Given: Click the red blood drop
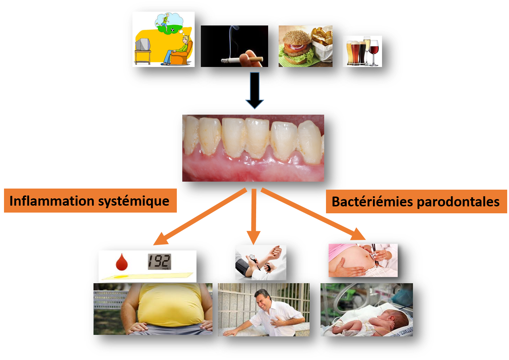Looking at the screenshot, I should pyautogui.click(x=122, y=262).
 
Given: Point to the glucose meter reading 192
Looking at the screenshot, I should pyautogui.click(x=159, y=262).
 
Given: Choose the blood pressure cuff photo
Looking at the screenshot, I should pyautogui.click(x=261, y=262).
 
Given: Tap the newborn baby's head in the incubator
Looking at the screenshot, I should pyautogui.click(x=398, y=320).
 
